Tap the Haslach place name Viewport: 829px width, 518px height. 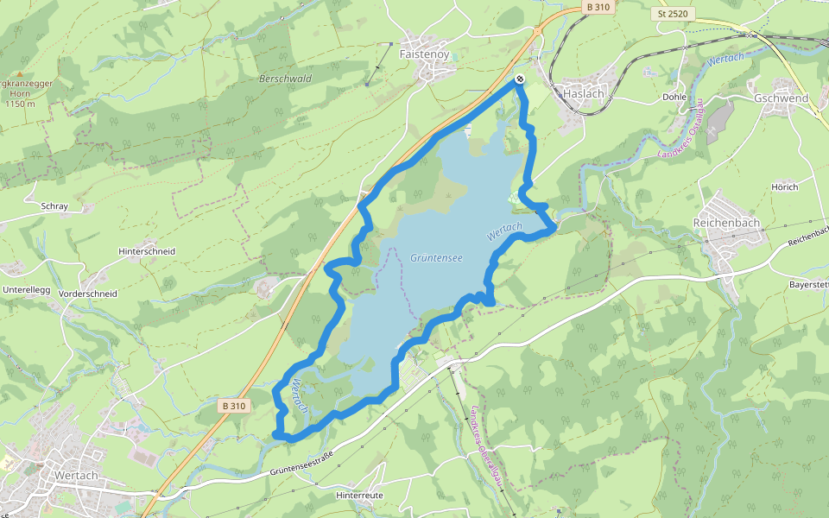point(583,92)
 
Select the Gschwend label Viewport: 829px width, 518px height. point(781,98)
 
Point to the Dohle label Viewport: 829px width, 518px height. point(674,97)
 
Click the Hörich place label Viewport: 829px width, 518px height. point(785,186)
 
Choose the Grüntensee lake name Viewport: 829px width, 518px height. point(436,257)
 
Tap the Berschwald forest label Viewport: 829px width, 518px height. point(285,79)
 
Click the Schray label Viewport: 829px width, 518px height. point(54,207)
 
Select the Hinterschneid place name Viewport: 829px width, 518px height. point(147,251)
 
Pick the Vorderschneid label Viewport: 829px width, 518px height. point(87,294)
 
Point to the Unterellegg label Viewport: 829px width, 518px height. point(27,290)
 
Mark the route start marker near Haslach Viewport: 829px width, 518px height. point(520,79)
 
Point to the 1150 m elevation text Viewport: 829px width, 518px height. point(18,104)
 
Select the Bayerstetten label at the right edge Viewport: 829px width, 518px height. point(809,284)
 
